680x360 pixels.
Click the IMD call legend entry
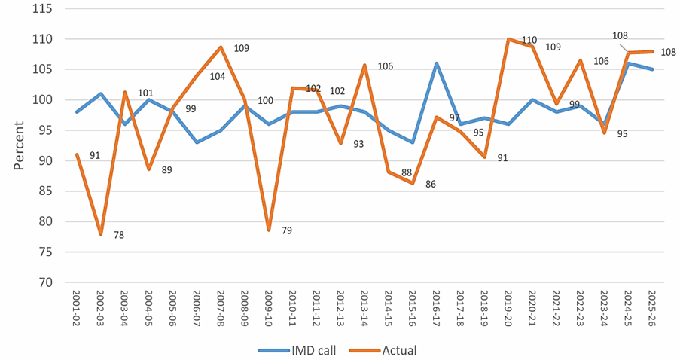(297, 350)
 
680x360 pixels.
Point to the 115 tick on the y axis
(42, 9)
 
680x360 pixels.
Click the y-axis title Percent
(19, 145)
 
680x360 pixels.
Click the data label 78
(119, 235)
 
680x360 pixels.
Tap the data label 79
(287, 230)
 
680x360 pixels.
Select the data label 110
(529, 41)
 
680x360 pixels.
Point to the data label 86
(430, 185)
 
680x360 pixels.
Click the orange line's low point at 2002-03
(101, 234)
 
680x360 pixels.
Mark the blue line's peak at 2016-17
(437, 63)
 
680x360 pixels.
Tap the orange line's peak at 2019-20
(508, 39)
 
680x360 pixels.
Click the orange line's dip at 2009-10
(269, 230)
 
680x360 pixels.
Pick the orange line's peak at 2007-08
(221, 47)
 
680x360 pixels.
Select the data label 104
(218, 77)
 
